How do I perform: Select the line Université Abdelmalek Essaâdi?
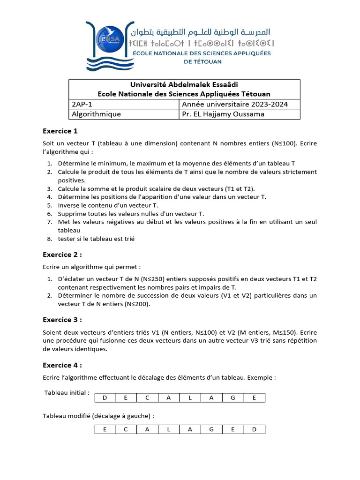184,85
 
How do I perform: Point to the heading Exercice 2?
62,255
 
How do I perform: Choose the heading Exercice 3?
62,320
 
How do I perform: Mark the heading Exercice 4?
62,365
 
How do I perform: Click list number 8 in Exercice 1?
49,239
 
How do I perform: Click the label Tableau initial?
67,392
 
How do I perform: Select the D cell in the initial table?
105,398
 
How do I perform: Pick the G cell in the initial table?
232,398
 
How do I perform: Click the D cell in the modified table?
254,429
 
